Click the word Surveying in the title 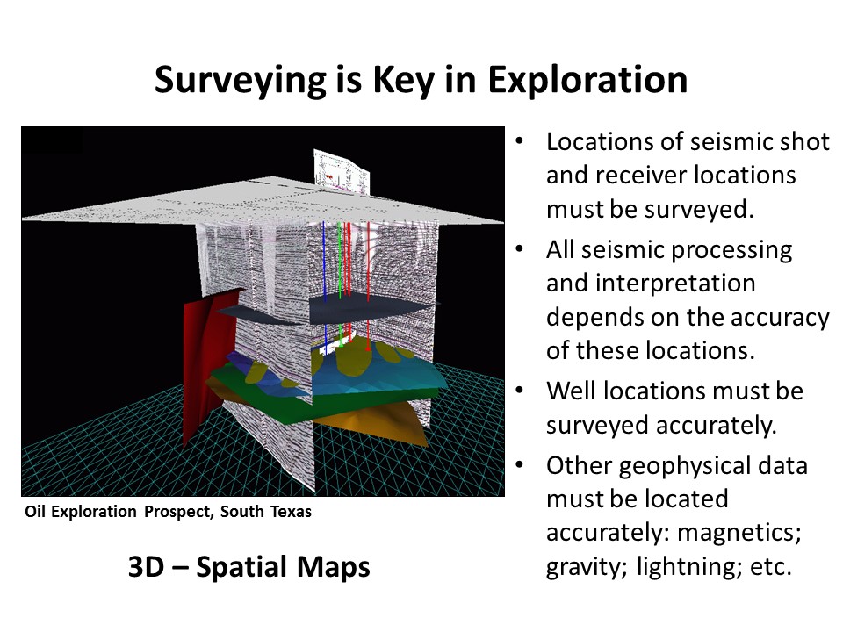240,81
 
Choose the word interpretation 651,284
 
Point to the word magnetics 739,533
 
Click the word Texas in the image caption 291,511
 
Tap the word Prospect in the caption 177,512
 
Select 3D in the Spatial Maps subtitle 146,567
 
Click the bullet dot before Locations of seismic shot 519,141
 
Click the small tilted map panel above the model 342,171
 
